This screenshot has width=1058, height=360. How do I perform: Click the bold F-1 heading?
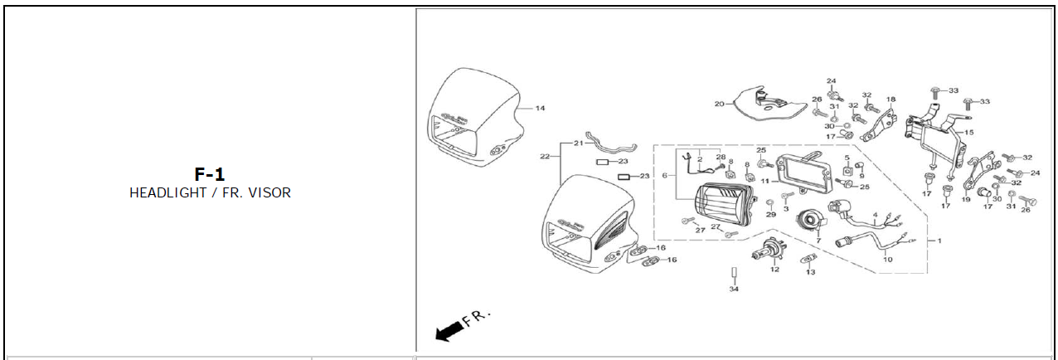210,174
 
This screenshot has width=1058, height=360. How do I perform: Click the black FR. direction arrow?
449,332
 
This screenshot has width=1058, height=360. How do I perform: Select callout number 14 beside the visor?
540,109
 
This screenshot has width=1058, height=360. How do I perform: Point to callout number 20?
719,104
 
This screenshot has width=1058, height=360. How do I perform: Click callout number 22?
545,156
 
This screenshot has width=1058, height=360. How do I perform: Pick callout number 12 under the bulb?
774,269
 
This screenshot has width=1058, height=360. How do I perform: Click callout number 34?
734,289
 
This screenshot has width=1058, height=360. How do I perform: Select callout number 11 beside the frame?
765,180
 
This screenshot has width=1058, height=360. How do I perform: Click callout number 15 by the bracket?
969,133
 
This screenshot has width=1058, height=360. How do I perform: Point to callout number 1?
939,241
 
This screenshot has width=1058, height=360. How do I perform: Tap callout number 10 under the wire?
887,260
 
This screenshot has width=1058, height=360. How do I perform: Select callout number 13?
810,272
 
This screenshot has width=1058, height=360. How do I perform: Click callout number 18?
891,100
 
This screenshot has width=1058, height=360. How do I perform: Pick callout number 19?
965,199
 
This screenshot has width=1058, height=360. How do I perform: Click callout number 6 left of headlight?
664,176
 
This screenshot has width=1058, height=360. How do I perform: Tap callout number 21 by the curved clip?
567,143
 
